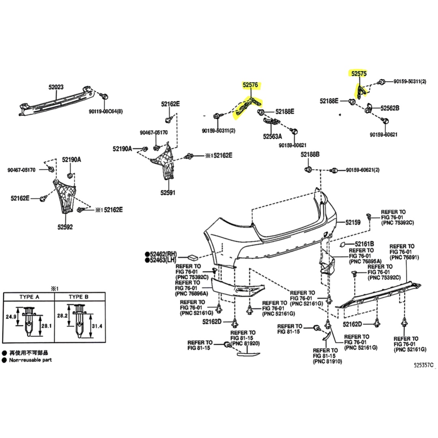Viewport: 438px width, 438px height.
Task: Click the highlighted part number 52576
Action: pyautogui.click(x=250, y=84)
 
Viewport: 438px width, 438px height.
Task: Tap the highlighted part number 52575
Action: pyautogui.click(x=359, y=73)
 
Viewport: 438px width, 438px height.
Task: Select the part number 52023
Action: pyautogui.click(x=56, y=87)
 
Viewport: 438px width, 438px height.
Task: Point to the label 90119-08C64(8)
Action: pyautogui.click(x=105, y=112)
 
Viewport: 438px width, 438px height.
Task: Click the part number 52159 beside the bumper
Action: pyautogui.click(x=353, y=222)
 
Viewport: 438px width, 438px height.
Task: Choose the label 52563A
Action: pyautogui.click(x=273, y=136)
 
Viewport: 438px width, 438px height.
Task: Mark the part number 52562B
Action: pyautogui.click(x=390, y=108)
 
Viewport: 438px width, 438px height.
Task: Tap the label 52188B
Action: pyautogui.click(x=310, y=154)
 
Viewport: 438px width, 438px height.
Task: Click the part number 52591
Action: pyautogui.click(x=168, y=193)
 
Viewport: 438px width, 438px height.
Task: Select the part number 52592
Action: pyautogui.click(x=65, y=227)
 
